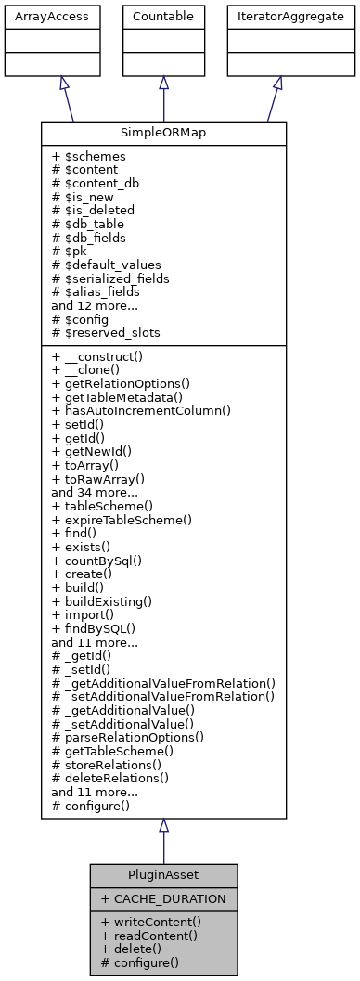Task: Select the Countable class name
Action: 163,17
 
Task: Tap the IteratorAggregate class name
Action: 277,17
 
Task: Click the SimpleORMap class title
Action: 163,133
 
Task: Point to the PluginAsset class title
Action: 163,875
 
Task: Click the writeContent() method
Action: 151,922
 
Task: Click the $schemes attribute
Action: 91,156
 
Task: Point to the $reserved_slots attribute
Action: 105,330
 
